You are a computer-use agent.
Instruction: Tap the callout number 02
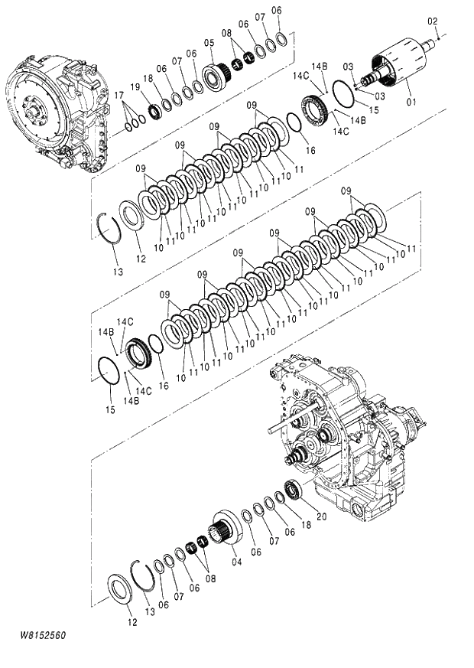(432, 21)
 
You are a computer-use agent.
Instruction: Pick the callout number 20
(321, 516)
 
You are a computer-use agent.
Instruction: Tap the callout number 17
(118, 95)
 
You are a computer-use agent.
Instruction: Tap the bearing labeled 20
(293, 490)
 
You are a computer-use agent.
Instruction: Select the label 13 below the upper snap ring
(116, 271)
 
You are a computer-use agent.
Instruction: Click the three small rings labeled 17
(134, 119)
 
